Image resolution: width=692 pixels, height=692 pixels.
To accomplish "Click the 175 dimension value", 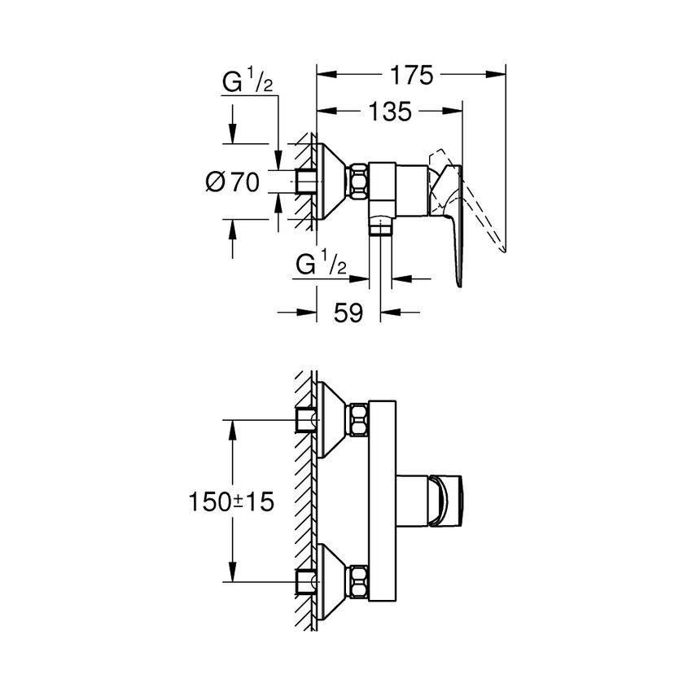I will click(x=410, y=75).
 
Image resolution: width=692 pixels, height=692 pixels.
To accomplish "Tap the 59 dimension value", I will click(x=348, y=313).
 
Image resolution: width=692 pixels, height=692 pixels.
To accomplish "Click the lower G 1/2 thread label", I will click(x=321, y=265).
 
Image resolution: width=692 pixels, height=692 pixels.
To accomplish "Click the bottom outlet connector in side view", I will click(x=379, y=226).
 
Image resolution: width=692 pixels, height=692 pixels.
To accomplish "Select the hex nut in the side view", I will click(x=358, y=182).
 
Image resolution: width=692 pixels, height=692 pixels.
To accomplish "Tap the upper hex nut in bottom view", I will click(x=358, y=420).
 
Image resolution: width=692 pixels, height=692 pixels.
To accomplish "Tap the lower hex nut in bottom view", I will click(x=358, y=581).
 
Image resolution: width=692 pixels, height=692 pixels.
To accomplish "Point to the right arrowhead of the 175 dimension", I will click(x=498, y=75).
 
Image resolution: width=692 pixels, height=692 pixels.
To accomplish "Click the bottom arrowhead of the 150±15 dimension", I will click(x=234, y=573).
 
